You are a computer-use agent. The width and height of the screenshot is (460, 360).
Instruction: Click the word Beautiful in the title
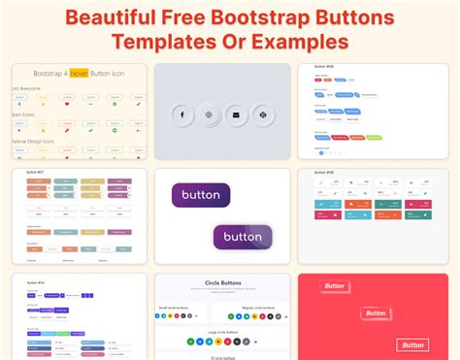tap(109, 17)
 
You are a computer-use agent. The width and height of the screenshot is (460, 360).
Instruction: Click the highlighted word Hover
tap(79, 74)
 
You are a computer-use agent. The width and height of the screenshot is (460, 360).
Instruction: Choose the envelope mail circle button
tap(235, 115)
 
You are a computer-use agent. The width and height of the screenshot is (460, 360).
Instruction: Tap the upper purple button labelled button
tap(200, 194)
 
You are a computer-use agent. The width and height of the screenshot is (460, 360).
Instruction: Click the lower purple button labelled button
tap(242, 237)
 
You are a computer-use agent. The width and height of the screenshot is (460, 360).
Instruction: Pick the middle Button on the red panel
tap(374, 313)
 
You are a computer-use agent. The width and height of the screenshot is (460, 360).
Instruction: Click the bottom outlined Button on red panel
tap(413, 344)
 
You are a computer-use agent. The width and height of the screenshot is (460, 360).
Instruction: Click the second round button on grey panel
tap(208, 115)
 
